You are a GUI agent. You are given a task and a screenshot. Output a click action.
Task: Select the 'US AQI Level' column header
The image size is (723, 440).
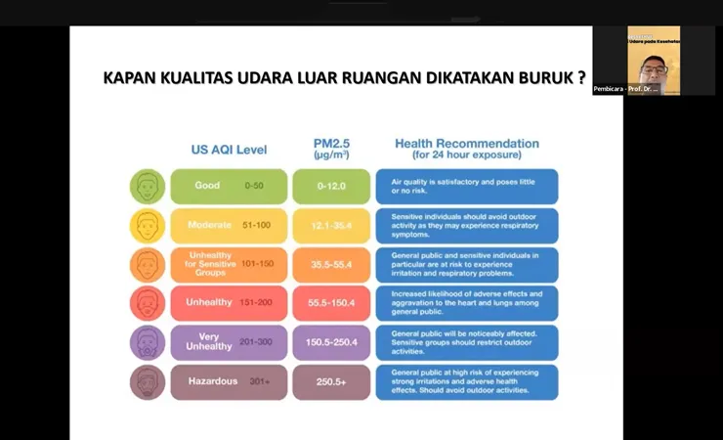[229, 150]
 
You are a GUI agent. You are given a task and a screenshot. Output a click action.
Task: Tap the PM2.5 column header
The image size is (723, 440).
[331, 149]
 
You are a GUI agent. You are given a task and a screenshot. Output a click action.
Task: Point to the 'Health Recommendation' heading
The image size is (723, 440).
[466, 149]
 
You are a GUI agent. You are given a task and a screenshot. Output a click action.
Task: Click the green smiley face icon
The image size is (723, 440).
[147, 186]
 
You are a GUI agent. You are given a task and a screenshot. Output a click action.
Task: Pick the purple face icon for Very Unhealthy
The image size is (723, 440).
[147, 342]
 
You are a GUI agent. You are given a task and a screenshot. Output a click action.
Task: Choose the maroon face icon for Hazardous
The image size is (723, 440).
[147, 381]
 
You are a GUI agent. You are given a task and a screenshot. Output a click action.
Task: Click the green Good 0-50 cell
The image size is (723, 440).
[229, 186]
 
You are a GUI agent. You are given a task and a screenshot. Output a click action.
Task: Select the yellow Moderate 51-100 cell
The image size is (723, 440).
[229, 225]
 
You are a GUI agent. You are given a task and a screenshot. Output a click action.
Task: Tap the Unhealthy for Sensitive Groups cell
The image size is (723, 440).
[229, 264]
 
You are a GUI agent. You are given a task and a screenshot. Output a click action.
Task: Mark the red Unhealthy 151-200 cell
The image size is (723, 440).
[229, 303]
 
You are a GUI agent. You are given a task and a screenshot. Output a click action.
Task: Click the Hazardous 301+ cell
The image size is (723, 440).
[229, 381]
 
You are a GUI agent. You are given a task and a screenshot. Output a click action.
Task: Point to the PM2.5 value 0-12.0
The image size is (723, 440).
[331, 186]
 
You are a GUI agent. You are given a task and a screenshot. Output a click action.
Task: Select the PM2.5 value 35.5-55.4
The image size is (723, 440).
[331, 264]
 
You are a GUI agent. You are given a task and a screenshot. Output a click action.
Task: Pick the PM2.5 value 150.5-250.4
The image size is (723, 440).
[331, 342]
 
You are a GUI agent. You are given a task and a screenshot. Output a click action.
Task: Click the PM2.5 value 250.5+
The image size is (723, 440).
[331, 381]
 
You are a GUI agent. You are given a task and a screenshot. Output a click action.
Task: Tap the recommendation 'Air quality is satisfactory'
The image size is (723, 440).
[466, 186]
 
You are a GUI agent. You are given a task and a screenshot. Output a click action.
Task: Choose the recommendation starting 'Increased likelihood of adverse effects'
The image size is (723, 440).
[466, 303]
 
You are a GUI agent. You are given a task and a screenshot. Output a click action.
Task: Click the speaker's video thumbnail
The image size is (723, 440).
[654, 57]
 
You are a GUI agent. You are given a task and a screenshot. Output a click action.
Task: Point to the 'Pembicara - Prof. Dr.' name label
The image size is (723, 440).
[626, 89]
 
